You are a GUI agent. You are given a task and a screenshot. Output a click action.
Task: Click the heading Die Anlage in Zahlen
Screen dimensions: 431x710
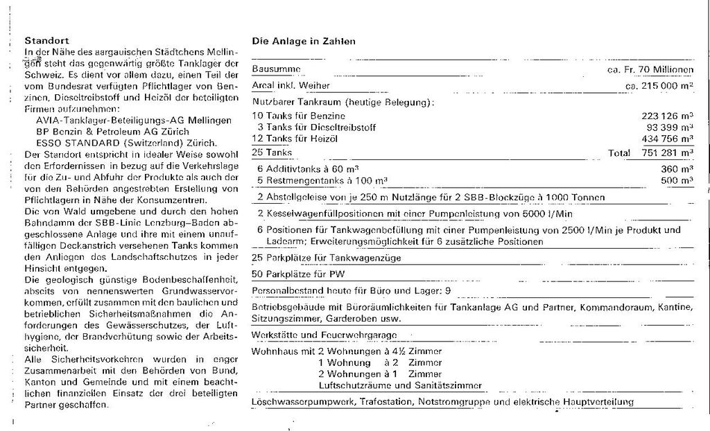(304, 42)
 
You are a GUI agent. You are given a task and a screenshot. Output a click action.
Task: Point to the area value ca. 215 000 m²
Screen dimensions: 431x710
(659, 86)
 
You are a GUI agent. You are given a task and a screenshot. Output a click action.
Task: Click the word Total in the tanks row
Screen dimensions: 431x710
(619, 153)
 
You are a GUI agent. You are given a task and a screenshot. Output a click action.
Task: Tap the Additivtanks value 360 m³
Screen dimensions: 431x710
(678, 168)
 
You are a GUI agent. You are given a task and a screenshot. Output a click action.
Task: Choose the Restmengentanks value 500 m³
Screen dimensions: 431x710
(678, 180)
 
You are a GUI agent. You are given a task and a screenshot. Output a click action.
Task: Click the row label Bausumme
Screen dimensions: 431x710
(277, 70)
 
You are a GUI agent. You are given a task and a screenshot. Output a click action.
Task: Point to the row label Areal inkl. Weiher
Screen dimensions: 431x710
(291, 85)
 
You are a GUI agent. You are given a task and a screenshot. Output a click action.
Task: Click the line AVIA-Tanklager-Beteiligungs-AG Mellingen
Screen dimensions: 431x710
(134, 120)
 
